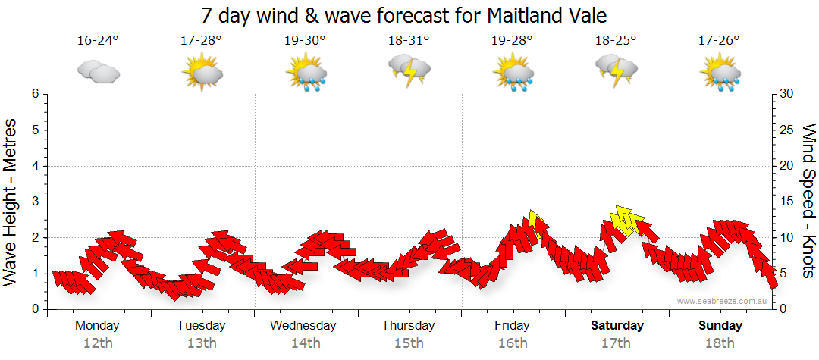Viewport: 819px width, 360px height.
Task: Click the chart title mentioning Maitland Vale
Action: pyautogui.click(x=404, y=16)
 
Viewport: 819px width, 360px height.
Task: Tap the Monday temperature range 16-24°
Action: pyautogui.click(x=97, y=41)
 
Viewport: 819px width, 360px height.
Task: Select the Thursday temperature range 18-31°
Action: pyautogui.click(x=408, y=41)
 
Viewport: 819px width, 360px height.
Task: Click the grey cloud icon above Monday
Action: pyautogui.click(x=98, y=71)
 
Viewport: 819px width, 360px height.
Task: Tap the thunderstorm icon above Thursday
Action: pyautogui.click(x=409, y=70)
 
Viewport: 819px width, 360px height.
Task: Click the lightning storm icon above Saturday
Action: pyautogui.click(x=616, y=70)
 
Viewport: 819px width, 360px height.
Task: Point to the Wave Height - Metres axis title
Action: pyautogui.click(x=12, y=202)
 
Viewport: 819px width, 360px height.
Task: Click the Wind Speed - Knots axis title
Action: pyautogui.click(x=808, y=202)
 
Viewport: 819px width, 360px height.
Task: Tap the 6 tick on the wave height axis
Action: pyautogui.click(x=35, y=94)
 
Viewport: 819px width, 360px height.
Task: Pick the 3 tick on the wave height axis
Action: pyautogui.click(x=35, y=202)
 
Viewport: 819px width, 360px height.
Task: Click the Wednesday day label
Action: pyautogui.click(x=303, y=326)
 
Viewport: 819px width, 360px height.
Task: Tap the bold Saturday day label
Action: pyautogui.click(x=617, y=326)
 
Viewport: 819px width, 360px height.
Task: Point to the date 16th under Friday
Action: pyautogui.click(x=513, y=343)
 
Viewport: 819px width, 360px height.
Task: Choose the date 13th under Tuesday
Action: pyautogui.click(x=202, y=343)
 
